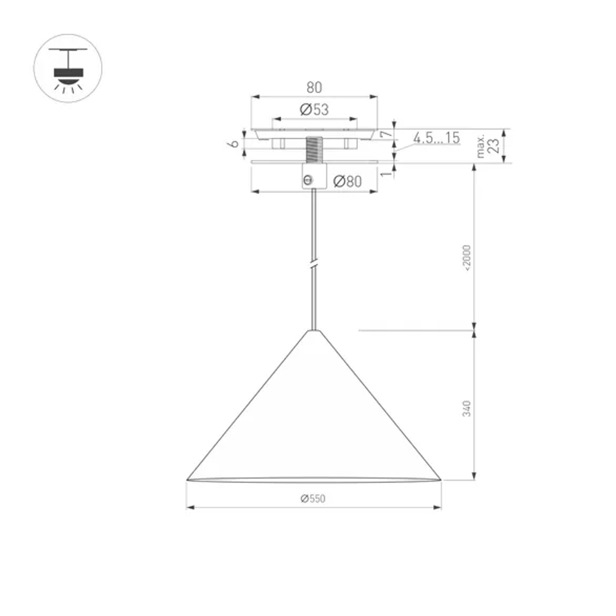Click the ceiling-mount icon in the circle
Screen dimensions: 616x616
(x=68, y=68)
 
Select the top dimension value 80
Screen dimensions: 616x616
(x=314, y=88)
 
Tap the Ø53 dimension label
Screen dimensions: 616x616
(x=314, y=110)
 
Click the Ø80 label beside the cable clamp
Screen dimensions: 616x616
(x=346, y=182)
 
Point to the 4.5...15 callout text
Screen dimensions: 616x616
(x=436, y=138)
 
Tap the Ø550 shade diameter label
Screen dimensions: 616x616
(x=313, y=499)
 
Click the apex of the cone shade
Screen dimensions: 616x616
(x=314, y=331)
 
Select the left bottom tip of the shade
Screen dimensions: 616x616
(x=187, y=479)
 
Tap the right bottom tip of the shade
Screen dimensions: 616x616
(x=440, y=479)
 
